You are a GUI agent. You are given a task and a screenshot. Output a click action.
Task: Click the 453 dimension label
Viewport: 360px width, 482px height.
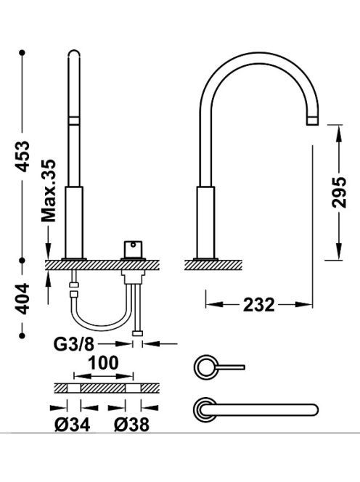pyautogui.click(x=22, y=156)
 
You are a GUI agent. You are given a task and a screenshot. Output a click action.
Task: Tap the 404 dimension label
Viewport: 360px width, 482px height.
pyautogui.click(x=22, y=299)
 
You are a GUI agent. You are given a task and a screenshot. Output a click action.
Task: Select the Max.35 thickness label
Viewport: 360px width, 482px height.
pyautogui.click(x=49, y=191)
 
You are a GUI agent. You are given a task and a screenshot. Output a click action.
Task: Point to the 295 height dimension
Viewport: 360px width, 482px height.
pyautogui.click(x=339, y=192)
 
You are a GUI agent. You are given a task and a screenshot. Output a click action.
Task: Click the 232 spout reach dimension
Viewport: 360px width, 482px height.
pyautogui.click(x=259, y=305)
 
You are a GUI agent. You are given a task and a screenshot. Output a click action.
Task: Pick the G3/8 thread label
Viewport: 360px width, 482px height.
pyautogui.click(x=74, y=344)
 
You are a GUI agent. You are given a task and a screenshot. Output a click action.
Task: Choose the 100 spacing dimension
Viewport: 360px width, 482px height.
pyautogui.click(x=103, y=363)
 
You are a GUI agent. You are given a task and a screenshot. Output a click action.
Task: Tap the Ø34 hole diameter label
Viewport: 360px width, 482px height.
pyautogui.click(x=73, y=425)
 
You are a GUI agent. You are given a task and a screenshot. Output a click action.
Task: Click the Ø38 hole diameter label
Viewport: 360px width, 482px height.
pyautogui.click(x=131, y=425)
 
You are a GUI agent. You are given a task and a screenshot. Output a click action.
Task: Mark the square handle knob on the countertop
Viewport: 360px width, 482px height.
pyautogui.click(x=133, y=249)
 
